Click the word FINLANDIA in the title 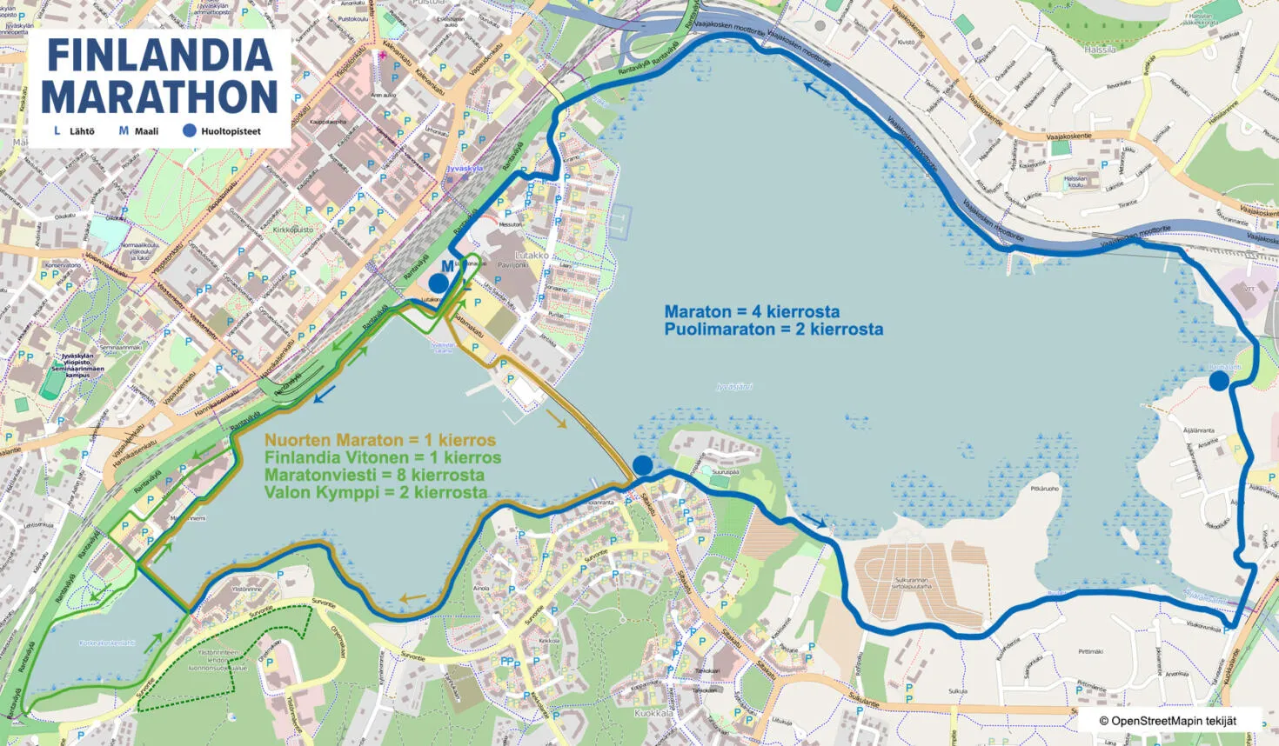[x=159, y=56]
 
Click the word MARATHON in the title [x=159, y=97]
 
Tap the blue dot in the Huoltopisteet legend [x=189, y=131]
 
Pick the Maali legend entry [x=138, y=131]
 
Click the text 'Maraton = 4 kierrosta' [x=752, y=311]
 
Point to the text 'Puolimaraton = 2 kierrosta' [x=773, y=330]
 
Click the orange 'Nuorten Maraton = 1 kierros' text [x=380, y=440]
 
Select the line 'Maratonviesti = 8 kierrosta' [x=374, y=475]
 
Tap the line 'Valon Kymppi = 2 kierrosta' [x=376, y=492]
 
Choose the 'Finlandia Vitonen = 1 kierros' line [x=383, y=457]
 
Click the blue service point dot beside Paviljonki [x=439, y=283]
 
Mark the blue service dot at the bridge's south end [x=642, y=465]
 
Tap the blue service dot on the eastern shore [x=1219, y=381]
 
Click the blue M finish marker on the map [x=447, y=266]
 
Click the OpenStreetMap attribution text [x=1167, y=721]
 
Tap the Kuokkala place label [x=653, y=713]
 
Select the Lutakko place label [x=532, y=256]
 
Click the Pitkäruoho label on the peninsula [x=1044, y=489]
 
